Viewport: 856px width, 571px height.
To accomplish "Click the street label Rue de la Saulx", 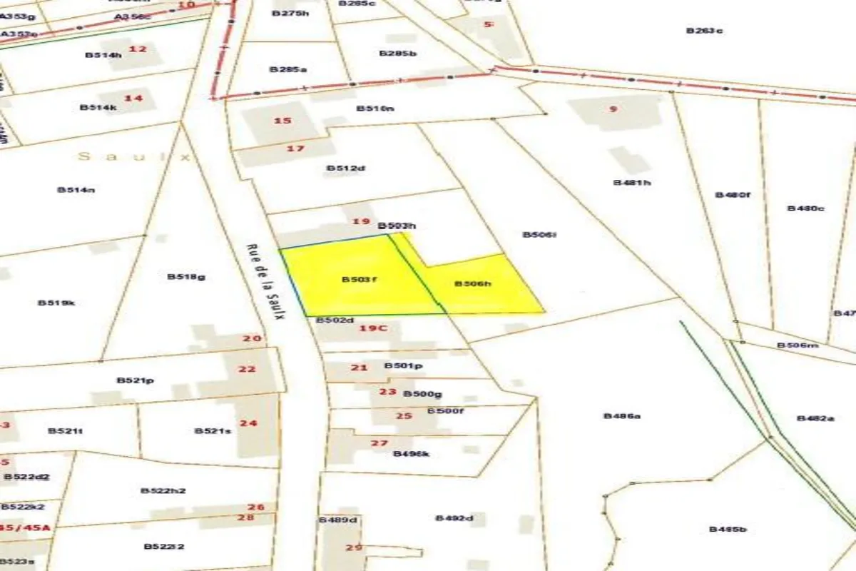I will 265,283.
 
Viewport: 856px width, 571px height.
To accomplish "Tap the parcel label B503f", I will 359,279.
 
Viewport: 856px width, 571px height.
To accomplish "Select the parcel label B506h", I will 474,283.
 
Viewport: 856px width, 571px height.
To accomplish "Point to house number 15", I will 282,120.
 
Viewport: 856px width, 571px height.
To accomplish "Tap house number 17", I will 295,148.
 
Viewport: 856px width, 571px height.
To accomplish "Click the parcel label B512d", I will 346,168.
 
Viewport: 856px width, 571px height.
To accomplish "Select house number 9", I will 613,109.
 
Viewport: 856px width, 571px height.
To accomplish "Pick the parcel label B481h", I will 632,182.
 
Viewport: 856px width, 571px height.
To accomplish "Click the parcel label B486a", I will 622,415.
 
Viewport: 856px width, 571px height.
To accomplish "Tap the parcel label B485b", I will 728,529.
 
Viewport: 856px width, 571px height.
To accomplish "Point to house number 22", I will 247,369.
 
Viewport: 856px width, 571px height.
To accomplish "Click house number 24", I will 248,423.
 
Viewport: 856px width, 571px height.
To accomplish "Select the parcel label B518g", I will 186,276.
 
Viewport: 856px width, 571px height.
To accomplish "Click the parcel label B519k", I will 56,303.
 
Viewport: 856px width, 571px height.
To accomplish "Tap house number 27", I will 379,443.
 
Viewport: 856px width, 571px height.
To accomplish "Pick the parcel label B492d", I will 454,517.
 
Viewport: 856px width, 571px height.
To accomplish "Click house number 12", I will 138,49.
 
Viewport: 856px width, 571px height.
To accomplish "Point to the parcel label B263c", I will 705,31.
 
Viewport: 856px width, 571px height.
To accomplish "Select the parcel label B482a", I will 815,418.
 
